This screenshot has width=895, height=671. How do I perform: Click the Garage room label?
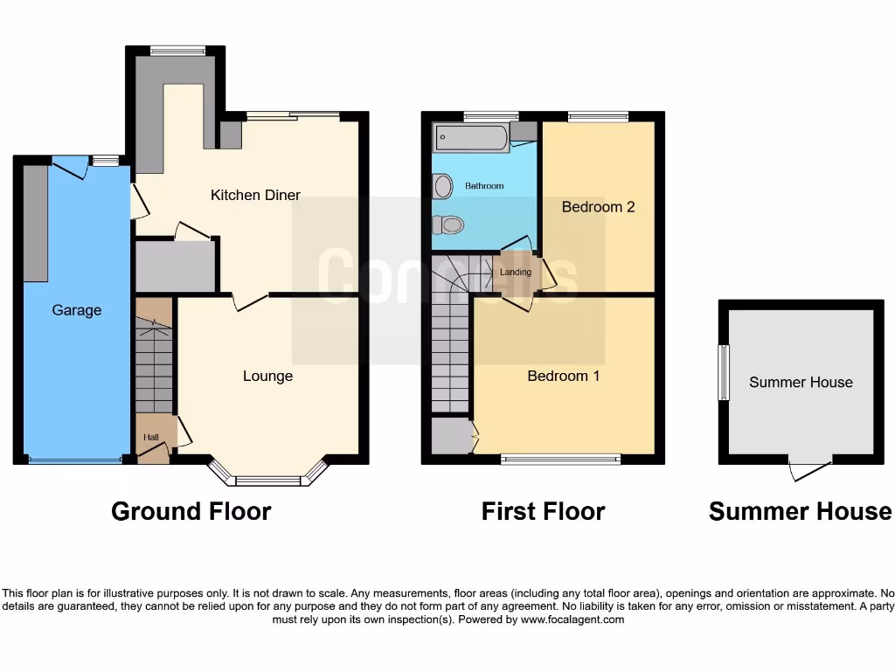point(77,310)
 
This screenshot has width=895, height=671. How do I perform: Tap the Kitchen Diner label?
point(255,195)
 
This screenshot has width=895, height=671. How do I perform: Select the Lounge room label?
point(267,376)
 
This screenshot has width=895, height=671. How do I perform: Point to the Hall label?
point(151,437)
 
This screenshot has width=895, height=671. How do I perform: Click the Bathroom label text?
point(484,186)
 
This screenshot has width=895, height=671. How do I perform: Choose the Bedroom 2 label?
point(598,207)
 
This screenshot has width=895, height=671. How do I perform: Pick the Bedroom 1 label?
point(564,376)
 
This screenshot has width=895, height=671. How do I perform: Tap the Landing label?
point(516,272)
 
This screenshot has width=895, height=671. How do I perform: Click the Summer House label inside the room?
point(801,382)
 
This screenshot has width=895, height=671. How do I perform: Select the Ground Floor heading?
point(191,511)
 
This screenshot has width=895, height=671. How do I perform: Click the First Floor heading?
point(543,511)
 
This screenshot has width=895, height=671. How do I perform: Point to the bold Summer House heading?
point(800,511)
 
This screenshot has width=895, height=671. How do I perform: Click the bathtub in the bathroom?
point(472,138)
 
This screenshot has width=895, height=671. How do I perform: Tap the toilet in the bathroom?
point(448,225)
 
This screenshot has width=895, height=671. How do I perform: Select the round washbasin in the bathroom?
point(443,186)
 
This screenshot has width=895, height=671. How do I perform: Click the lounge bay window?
point(269,479)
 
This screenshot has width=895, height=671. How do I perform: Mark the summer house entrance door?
point(808,470)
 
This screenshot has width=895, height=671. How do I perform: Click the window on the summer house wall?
point(724,373)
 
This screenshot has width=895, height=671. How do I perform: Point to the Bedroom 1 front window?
point(560,459)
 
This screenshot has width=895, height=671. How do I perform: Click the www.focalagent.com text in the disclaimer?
point(572,619)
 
